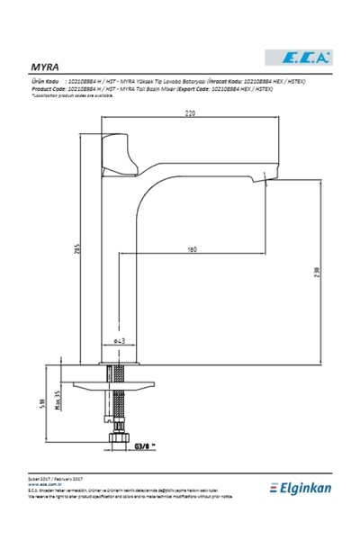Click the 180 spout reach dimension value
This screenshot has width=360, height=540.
point(193,248)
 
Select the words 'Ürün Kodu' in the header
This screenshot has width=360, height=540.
point(45,79)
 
